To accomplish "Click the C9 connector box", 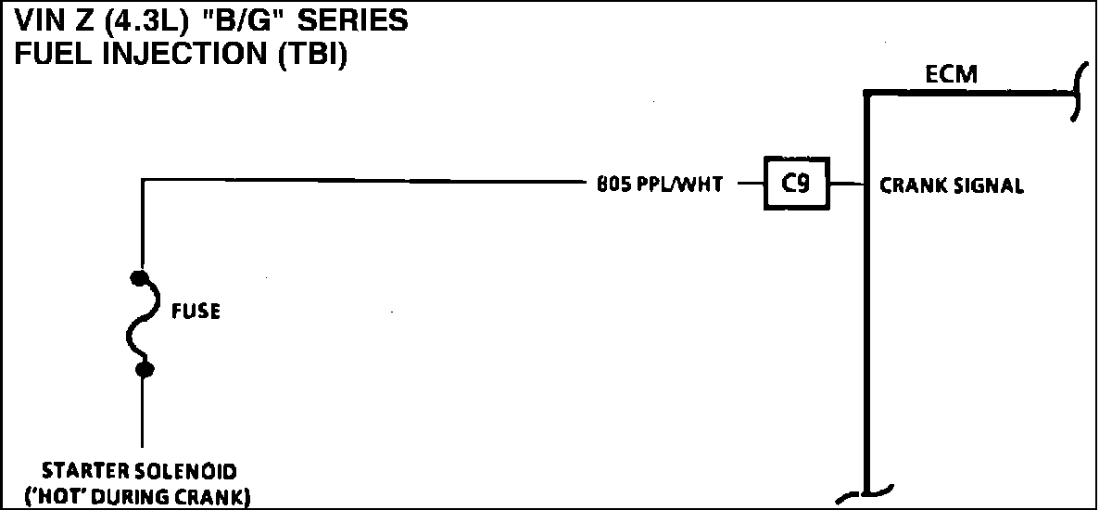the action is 796,185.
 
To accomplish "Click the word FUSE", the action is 196,312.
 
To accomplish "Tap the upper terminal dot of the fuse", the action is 141,277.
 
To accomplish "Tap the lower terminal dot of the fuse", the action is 143,371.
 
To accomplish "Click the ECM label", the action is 951,74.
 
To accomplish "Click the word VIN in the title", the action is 37,20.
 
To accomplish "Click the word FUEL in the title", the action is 47,55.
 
